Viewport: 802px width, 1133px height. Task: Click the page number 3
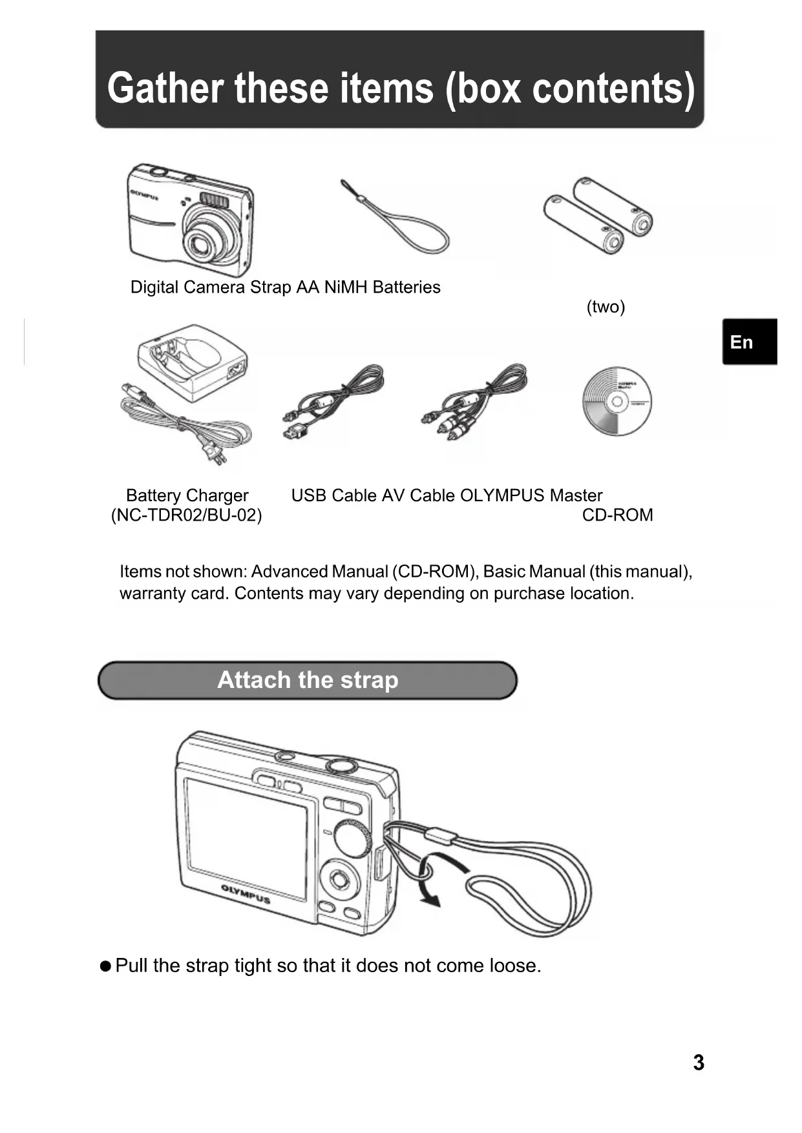pyautogui.click(x=698, y=1063)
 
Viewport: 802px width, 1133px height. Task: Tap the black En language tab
pyautogui.click(x=748, y=342)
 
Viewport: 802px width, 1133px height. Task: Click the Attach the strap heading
pyautogui.click(x=308, y=680)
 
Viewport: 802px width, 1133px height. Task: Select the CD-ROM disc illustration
pyautogui.click(x=617, y=402)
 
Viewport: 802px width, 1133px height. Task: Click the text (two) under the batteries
pyautogui.click(x=606, y=307)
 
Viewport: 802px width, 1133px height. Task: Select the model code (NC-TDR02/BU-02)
pyautogui.click(x=187, y=515)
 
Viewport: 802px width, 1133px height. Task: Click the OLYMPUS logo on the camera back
pyautogui.click(x=246, y=895)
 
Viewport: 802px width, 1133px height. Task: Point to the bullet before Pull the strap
pyautogui.click(x=105, y=966)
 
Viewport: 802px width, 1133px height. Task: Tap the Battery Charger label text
pyautogui.click(x=187, y=495)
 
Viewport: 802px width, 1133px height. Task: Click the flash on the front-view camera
pyautogui.click(x=214, y=200)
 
